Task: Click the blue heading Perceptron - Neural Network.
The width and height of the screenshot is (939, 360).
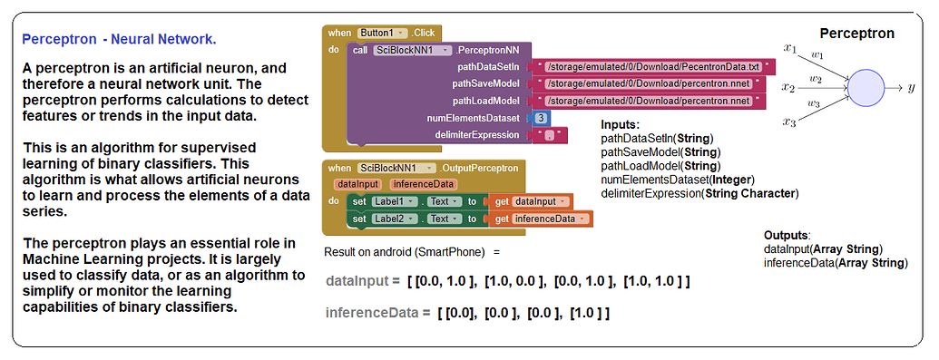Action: click(119, 40)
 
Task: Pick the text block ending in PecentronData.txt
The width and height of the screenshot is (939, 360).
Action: click(653, 67)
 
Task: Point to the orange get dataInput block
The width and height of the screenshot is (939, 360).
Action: click(530, 200)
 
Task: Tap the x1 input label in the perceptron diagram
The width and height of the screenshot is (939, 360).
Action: click(789, 48)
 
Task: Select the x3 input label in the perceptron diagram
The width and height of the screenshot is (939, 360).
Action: click(789, 121)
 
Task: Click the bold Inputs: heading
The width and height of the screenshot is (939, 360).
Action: click(621, 124)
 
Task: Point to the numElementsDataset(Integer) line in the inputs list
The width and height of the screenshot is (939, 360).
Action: click(678, 180)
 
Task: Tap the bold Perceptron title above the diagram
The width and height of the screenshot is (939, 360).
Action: click(856, 34)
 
